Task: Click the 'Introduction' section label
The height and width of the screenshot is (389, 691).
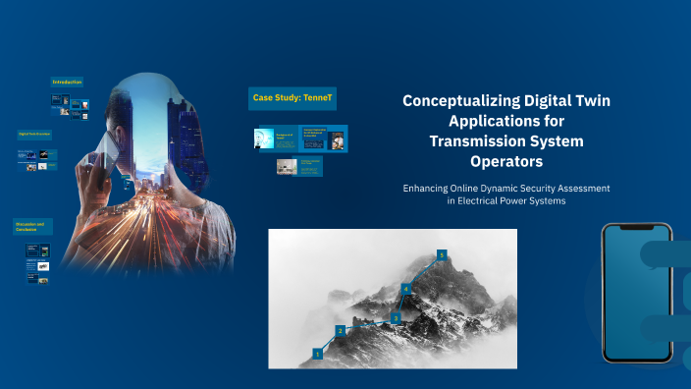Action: pos(67,82)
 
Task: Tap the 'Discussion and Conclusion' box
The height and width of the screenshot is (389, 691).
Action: pos(31,227)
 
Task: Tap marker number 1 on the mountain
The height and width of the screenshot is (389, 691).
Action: pos(317,352)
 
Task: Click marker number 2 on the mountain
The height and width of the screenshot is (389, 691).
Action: pos(341,331)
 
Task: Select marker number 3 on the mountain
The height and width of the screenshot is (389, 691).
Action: pos(395,317)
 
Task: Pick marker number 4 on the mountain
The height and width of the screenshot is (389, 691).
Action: pos(404,289)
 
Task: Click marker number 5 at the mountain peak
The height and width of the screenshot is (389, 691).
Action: pos(442,254)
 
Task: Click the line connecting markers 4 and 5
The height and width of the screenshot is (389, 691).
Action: pos(423,271)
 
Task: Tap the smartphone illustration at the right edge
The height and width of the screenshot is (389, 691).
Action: pos(636,295)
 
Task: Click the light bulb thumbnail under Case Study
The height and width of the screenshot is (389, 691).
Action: pos(263,139)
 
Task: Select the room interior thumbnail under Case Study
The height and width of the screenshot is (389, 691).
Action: pos(287,168)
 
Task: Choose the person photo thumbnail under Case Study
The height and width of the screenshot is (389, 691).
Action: pos(337,140)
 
